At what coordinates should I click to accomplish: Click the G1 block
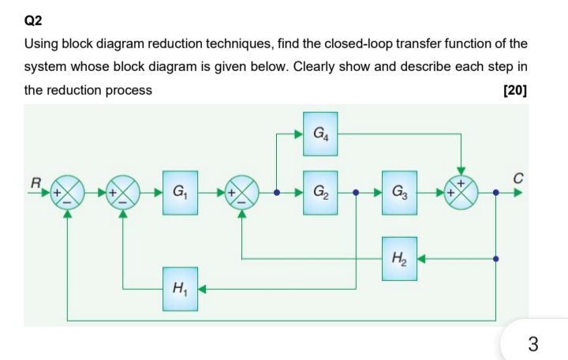pos(180,191)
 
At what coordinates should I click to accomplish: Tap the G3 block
pos(401,191)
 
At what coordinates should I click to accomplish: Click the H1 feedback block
pos(180,288)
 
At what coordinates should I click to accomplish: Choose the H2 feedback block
pos(401,257)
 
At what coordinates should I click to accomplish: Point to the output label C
pos(518,178)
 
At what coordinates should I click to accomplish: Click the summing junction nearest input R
pos(67,191)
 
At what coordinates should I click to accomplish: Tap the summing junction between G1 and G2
pos(242,191)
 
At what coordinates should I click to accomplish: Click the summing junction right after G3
pos(462,191)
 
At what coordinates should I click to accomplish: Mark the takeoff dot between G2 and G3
pos(357,191)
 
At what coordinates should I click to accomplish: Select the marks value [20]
pos(514,89)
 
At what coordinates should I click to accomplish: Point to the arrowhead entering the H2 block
pos(423,257)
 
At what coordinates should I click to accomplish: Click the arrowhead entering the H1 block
pos(202,288)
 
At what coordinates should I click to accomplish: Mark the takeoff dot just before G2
pos(276,191)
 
